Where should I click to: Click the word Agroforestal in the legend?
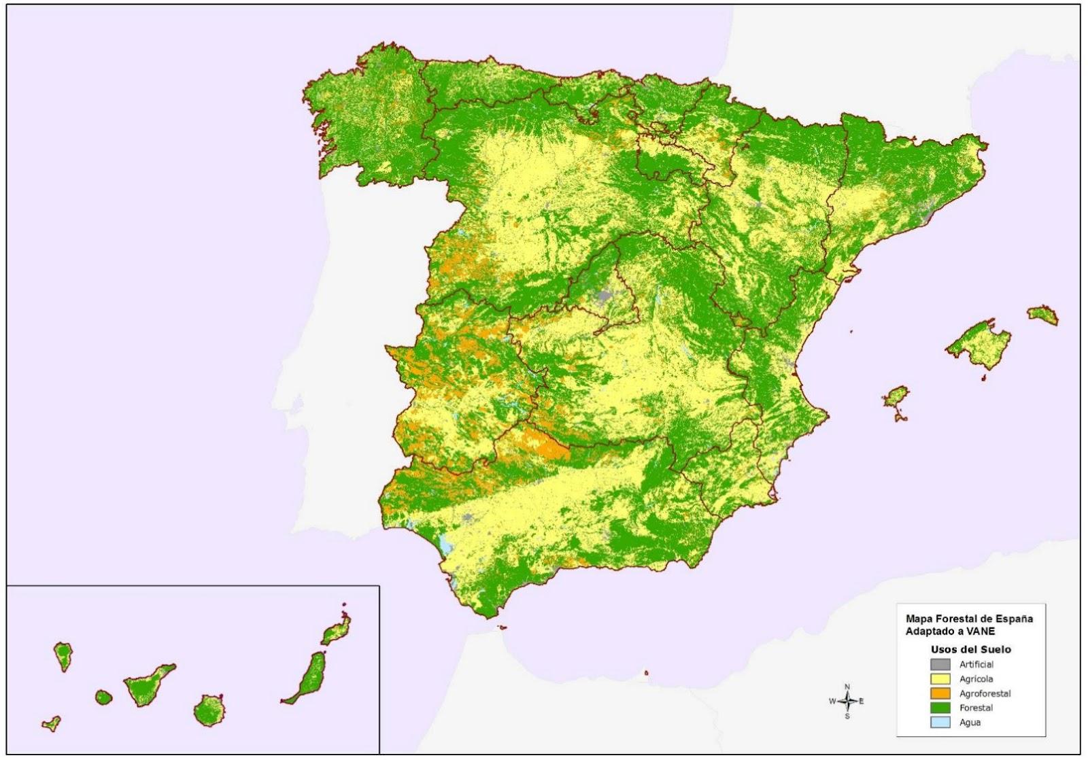pos(985,693)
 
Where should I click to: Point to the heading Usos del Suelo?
pos(970,649)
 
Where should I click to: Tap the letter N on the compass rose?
pos(847,687)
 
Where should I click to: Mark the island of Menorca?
pos(1042,315)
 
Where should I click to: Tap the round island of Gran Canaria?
pos(209,710)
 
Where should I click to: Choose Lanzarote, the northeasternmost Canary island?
pos(336,631)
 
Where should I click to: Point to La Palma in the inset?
pos(63,655)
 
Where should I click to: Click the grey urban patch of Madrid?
pos(602,296)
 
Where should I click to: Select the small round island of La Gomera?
pos(103,697)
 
